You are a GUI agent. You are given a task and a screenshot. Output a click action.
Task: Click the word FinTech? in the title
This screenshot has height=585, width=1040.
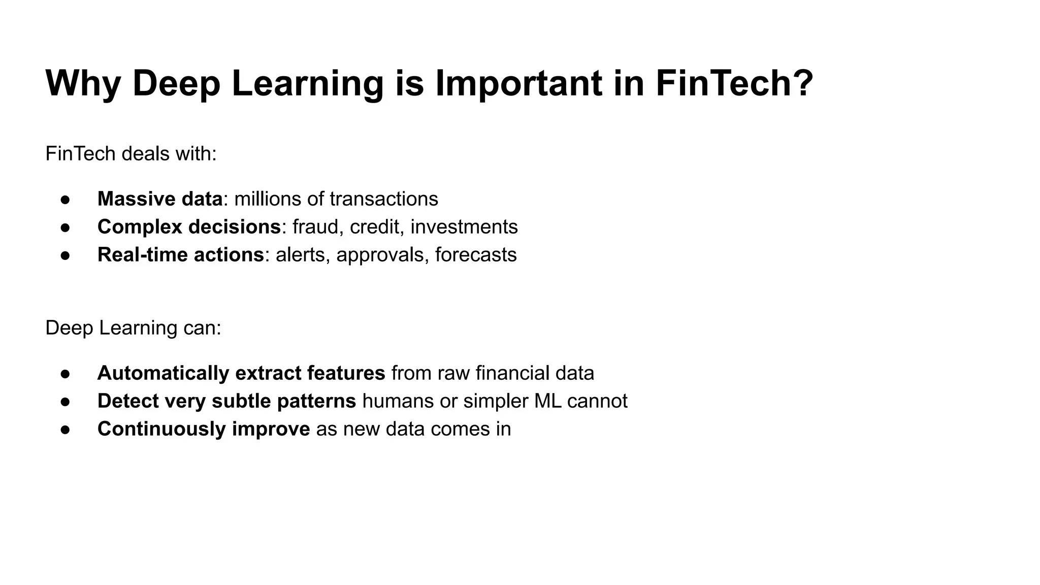click(734, 83)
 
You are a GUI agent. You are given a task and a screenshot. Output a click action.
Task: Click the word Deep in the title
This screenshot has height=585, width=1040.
click(176, 83)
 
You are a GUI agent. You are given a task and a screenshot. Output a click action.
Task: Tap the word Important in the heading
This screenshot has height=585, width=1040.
click(518, 83)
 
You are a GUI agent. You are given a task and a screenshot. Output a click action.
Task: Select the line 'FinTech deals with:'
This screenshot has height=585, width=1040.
click(131, 153)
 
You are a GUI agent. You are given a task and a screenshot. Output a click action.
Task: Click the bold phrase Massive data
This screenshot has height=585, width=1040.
click(160, 199)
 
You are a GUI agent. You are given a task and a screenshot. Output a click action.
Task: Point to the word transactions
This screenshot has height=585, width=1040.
click(383, 199)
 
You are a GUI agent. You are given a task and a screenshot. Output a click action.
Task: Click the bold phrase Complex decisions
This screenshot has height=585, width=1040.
click(189, 226)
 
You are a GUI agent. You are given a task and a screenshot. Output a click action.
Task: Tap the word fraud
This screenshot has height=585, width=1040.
click(315, 226)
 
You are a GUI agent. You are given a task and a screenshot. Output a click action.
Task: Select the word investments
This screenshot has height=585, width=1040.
click(464, 226)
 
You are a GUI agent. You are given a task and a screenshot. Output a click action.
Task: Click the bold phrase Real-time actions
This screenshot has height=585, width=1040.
click(180, 254)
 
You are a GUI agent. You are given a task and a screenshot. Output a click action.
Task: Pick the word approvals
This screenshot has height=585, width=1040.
click(380, 254)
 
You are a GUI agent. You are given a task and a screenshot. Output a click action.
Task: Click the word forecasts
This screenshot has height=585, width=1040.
click(476, 254)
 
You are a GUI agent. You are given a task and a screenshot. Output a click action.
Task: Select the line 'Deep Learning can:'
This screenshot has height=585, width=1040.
click(133, 328)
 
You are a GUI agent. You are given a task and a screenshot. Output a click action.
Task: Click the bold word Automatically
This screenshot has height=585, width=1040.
click(163, 373)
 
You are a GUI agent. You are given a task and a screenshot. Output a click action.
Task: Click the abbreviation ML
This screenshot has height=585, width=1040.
click(547, 401)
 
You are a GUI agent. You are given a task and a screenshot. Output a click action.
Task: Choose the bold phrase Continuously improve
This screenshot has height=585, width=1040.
click(203, 429)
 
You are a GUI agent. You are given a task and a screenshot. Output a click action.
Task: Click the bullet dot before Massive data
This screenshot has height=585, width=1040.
click(65, 200)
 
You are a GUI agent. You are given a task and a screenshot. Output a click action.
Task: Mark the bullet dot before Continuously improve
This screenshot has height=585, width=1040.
click(65, 430)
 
